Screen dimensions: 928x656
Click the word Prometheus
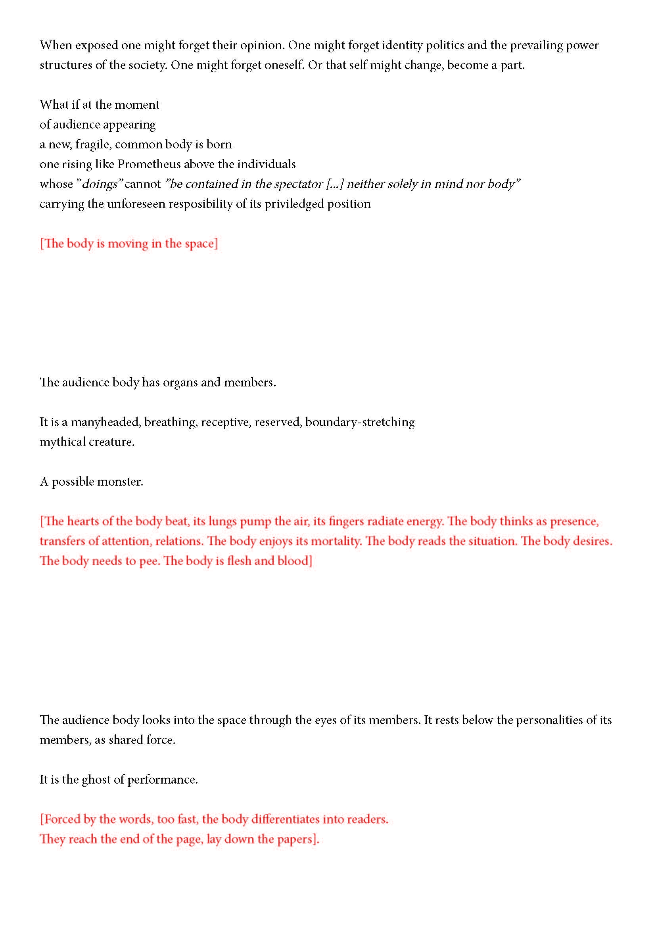point(149,164)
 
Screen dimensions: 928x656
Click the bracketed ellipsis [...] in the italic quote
point(334,184)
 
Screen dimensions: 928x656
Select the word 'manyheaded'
point(105,422)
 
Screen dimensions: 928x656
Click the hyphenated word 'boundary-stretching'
point(359,422)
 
